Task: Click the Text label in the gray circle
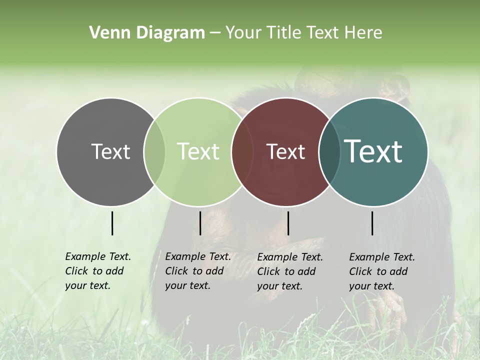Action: click(110, 152)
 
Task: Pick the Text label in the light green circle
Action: click(198, 152)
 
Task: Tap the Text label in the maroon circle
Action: click(285, 152)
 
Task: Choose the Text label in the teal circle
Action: click(373, 152)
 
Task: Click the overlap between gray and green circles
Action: click(154, 152)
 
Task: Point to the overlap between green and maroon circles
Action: click(241, 152)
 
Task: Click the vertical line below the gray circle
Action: click(112, 223)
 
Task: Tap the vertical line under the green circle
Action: click(200, 223)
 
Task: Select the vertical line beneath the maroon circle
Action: click(288, 223)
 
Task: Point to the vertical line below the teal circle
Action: click(372, 223)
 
